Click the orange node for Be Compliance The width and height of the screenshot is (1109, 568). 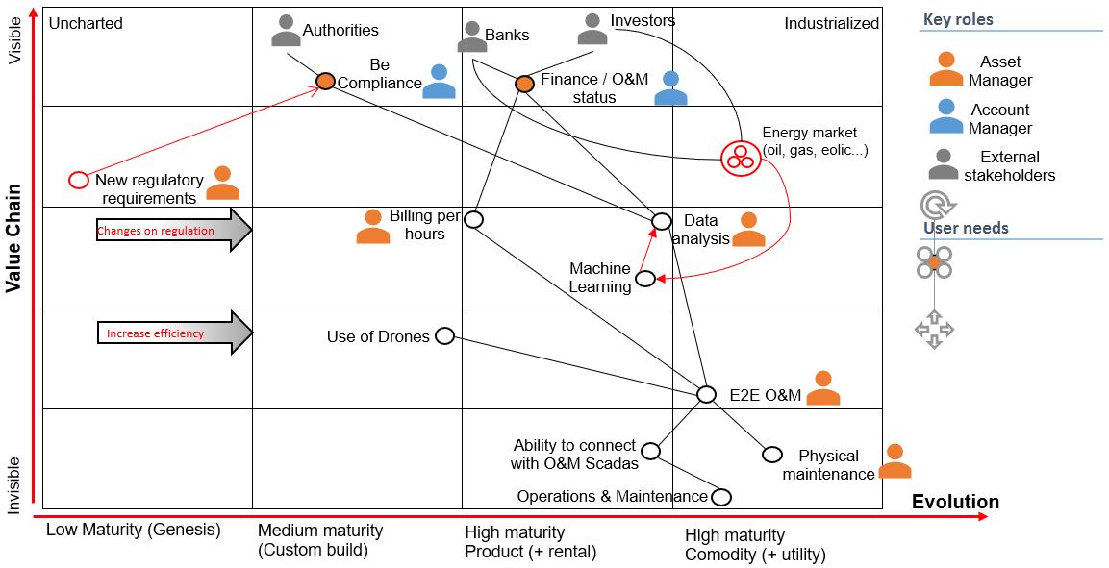(x=326, y=82)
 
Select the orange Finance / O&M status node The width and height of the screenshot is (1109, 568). (x=524, y=85)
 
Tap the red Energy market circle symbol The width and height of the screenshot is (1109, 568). (x=740, y=156)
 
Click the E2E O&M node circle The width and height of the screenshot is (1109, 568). (x=706, y=394)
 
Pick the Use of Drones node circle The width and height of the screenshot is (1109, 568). (x=444, y=335)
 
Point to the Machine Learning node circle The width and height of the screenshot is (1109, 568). (x=645, y=279)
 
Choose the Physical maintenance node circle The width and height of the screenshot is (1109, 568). (x=771, y=455)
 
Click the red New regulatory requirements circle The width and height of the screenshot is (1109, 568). (x=79, y=180)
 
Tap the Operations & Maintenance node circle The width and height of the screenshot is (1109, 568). (x=720, y=497)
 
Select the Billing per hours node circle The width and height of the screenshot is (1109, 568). (x=473, y=219)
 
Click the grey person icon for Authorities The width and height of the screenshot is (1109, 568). (x=286, y=31)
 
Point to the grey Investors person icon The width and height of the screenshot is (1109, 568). (x=592, y=29)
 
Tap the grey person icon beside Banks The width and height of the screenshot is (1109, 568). (x=471, y=37)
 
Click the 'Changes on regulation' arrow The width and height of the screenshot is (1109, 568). (x=173, y=231)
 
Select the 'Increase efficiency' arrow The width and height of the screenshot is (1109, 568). (x=173, y=333)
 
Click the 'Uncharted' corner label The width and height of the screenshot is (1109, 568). (x=86, y=23)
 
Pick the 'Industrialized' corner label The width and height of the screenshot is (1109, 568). (x=831, y=23)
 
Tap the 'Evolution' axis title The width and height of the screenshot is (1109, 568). (x=954, y=502)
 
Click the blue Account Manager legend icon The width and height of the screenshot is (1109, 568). (x=946, y=116)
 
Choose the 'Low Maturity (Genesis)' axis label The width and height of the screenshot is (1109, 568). (x=133, y=530)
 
